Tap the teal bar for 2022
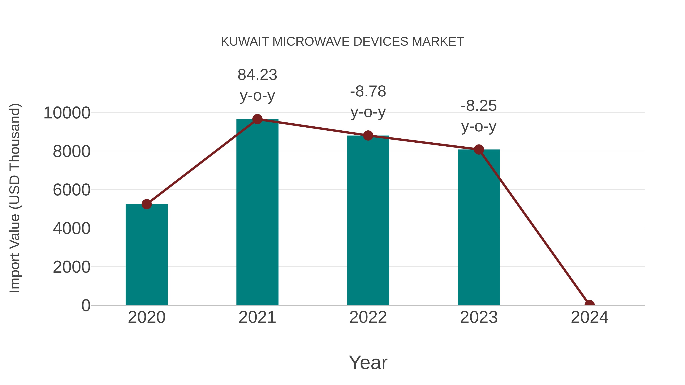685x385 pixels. click(368, 220)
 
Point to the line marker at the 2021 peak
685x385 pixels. click(257, 119)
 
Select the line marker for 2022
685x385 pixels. click(368, 136)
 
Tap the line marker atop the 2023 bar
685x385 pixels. click(479, 150)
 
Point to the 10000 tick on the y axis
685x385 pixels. click(67, 113)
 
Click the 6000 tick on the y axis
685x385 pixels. click(72, 190)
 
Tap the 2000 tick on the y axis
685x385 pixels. click(72, 267)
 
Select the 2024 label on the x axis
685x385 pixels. click(589, 317)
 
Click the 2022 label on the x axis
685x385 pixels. click(368, 317)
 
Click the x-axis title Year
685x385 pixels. click(368, 362)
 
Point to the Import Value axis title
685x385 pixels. click(15, 198)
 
